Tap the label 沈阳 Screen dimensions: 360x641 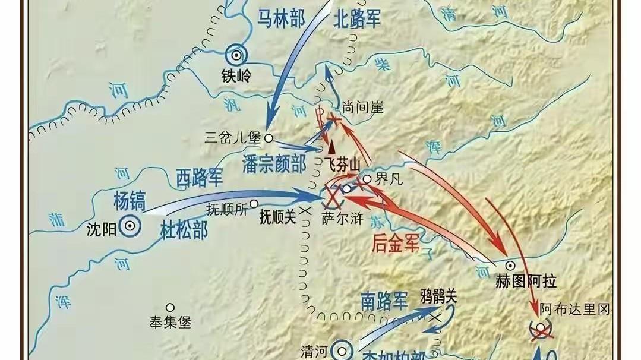click(x=99, y=227)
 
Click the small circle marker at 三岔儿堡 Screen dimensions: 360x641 click(x=269, y=138)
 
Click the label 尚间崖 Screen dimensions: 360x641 click(x=362, y=108)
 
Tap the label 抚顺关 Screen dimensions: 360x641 click(x=277, y=217)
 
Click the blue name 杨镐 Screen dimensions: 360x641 click(x=130, y=201)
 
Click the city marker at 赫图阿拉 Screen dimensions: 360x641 click(x=510, y=265)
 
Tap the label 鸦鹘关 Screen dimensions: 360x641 click(x=438, y=296)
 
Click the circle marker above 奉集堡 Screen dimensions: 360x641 click(x=170, y=308)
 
